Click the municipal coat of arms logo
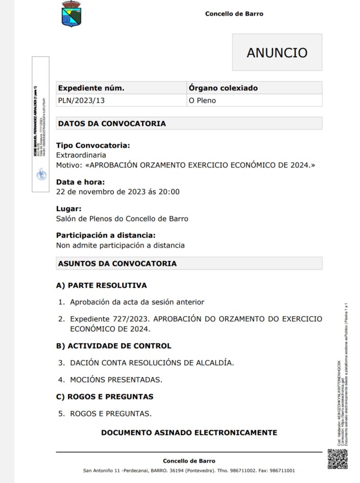[x=71, y=14]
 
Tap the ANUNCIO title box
[x=277, y=52]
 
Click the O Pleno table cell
[x=202, y=100]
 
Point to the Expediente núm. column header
[x=91, y=88]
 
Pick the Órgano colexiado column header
[x=223, y=88]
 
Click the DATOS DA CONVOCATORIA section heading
[x=112, y=124]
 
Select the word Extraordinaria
[x=81, y=155]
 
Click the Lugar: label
[x=69, y=208]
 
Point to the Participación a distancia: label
[x=106, y=235]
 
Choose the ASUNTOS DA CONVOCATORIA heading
[x=117, y=263]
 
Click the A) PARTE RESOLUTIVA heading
[x=101, y=285]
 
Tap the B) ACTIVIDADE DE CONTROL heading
[x=114, y=346]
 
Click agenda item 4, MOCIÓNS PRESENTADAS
[x=116, y=380]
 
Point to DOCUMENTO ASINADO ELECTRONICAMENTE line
[x=189, y=432]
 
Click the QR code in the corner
[x=338, y=459]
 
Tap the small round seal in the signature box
[x=42, y=175]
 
